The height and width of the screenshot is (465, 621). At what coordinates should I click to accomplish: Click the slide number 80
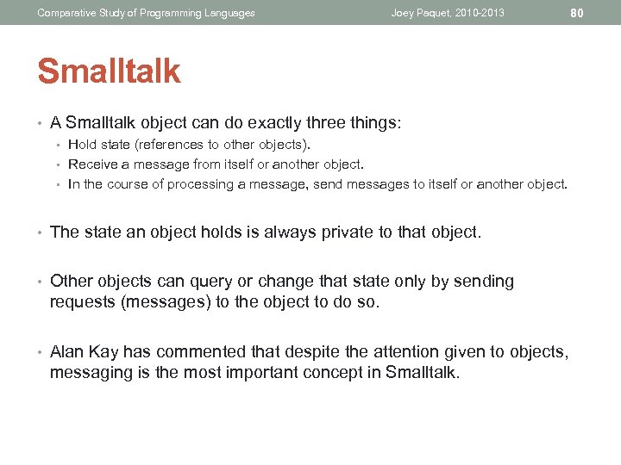577,13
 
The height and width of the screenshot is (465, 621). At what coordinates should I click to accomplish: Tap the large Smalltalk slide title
109,71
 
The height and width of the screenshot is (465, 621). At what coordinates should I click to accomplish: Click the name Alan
68,351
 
